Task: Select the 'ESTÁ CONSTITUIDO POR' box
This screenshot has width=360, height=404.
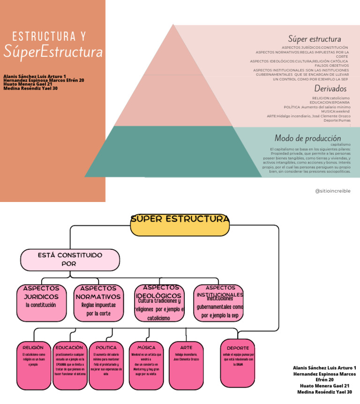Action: (69, 260)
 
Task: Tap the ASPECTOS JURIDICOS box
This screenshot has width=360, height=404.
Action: (41, 303)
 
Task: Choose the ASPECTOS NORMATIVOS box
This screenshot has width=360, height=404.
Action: (98, 303)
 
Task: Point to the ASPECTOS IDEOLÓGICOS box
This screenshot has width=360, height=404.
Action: (159, 303)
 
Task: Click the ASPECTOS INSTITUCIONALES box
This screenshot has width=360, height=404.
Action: (218, 303)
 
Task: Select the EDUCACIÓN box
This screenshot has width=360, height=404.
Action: (70, 366)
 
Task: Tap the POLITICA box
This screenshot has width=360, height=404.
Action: (106, 366)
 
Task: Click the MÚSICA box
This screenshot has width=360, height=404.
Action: (146, 366)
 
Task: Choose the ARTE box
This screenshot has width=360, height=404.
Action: (186, 366)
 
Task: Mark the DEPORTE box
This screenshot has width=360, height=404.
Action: (238, 363)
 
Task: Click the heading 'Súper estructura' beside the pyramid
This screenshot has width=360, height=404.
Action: (314, 39)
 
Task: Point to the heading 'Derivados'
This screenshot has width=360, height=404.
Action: (327, 89)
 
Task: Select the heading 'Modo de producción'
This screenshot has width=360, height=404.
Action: (307, 138)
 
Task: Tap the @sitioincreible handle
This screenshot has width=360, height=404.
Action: (332, 191)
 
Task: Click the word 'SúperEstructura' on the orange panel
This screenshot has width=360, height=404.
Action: (53, 52)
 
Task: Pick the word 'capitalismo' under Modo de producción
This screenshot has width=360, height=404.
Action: (340, 145)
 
